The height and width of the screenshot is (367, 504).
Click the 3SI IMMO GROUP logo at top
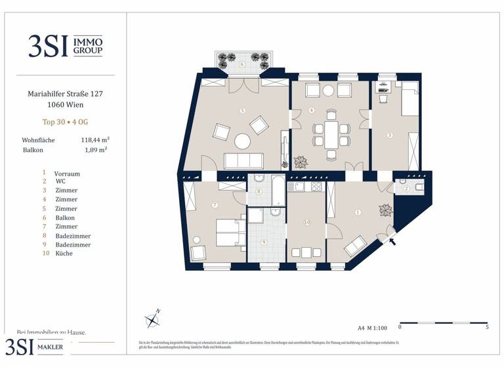coord(65,45)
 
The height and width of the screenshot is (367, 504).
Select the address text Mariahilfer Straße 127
coord(64,94)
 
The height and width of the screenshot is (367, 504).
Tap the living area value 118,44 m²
coord(94,140)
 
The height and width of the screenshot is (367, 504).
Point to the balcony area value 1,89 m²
coord(96,149)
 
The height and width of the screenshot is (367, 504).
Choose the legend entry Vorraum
coord(67,174)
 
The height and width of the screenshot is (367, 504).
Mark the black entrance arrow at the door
coord(394,241)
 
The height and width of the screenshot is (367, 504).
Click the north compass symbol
coord(152,319)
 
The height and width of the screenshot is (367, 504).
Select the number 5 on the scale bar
coord(486,326)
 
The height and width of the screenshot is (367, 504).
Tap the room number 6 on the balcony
coord(242,64)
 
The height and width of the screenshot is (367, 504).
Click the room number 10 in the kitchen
coord(306,223)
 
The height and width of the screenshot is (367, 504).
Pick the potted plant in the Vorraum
coord(385,211)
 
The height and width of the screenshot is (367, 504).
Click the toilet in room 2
coord(421,187)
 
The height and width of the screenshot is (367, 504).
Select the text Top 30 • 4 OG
coord(64,122)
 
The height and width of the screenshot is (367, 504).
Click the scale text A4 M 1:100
coord(372,326)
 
